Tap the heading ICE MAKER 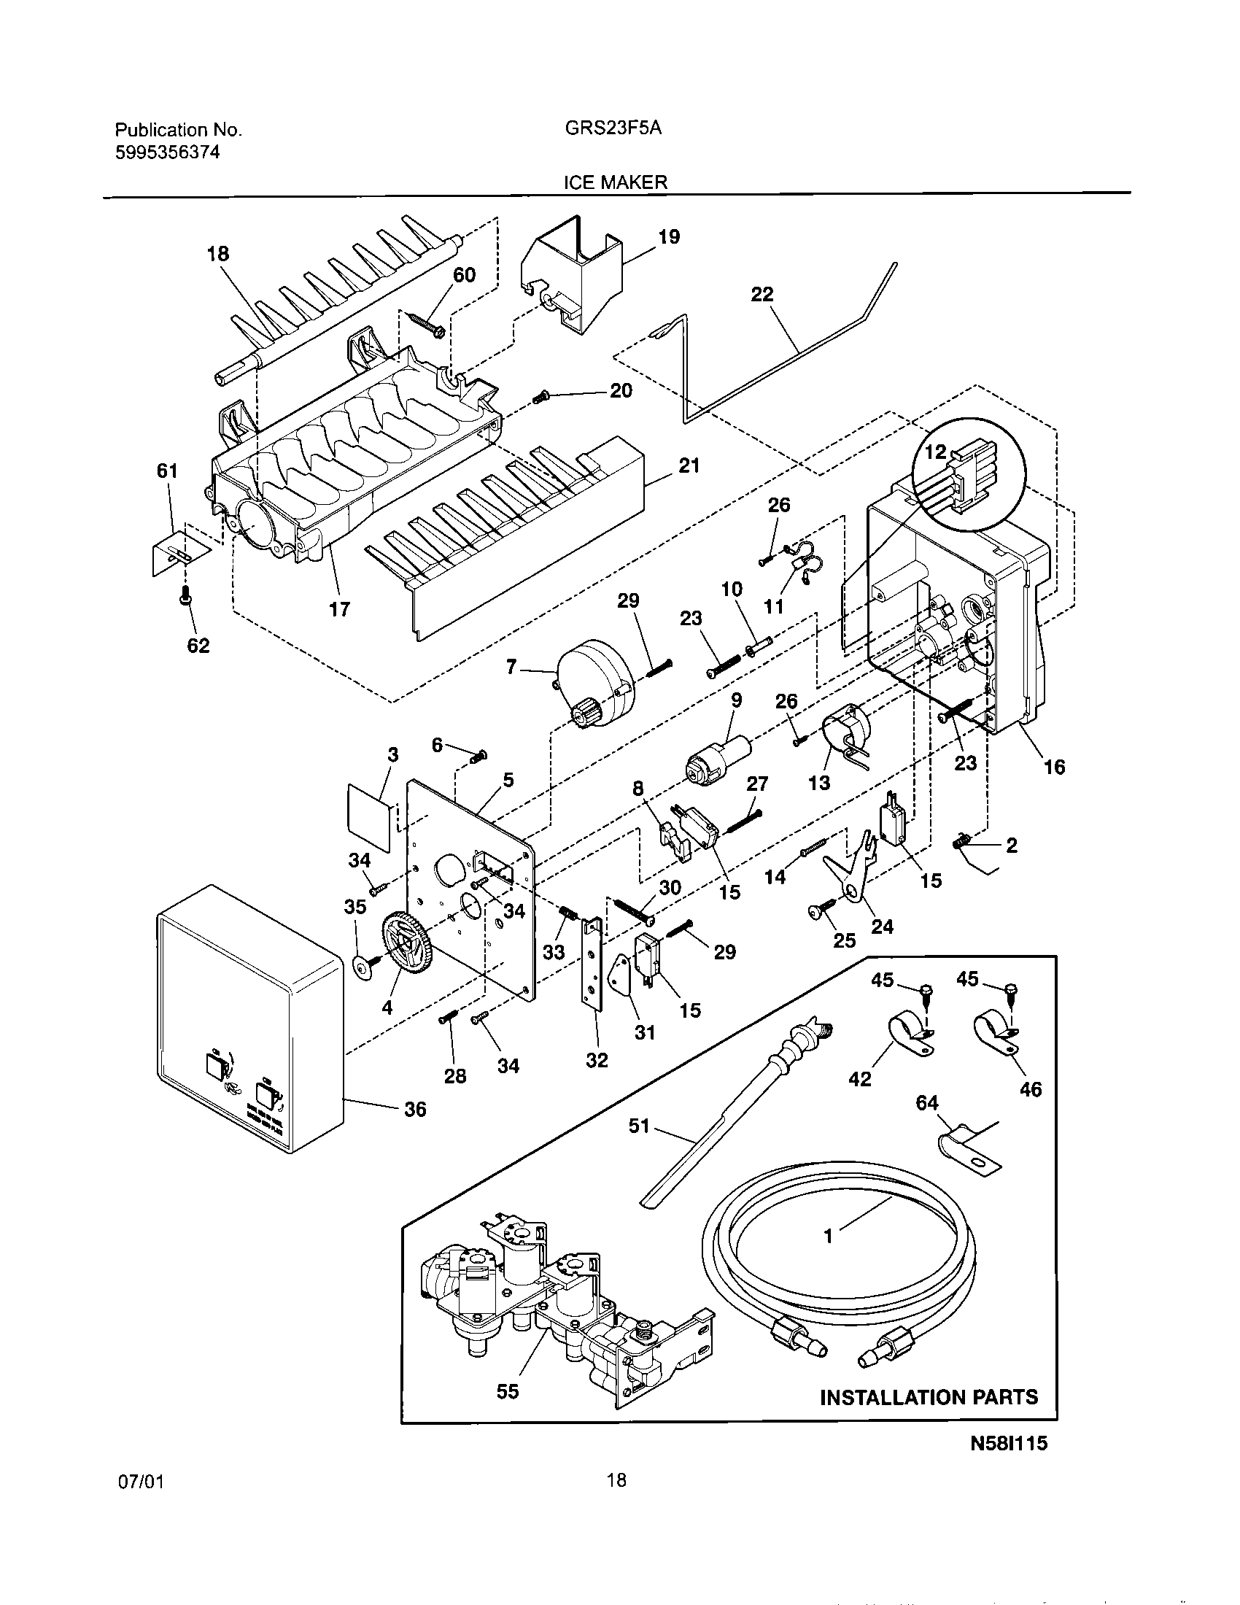615,183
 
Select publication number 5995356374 168,153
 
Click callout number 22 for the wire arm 762,294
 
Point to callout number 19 668,236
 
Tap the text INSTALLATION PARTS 929,1397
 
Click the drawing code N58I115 1009,1464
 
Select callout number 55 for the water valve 508,1391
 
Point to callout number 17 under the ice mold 339,608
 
